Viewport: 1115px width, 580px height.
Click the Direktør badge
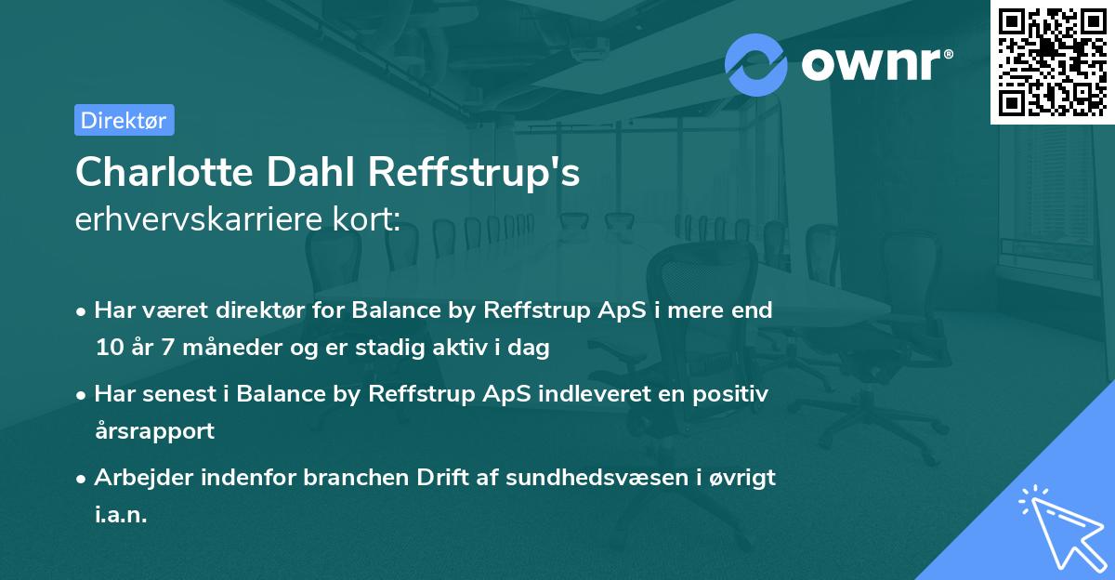tap(124, 120)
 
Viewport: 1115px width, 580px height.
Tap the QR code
tap(1053, 61)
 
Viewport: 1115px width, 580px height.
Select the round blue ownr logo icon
tap(756, 64)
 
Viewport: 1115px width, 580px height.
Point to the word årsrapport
tap(154, 431)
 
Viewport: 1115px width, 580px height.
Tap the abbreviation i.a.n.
tap(121, 515)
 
